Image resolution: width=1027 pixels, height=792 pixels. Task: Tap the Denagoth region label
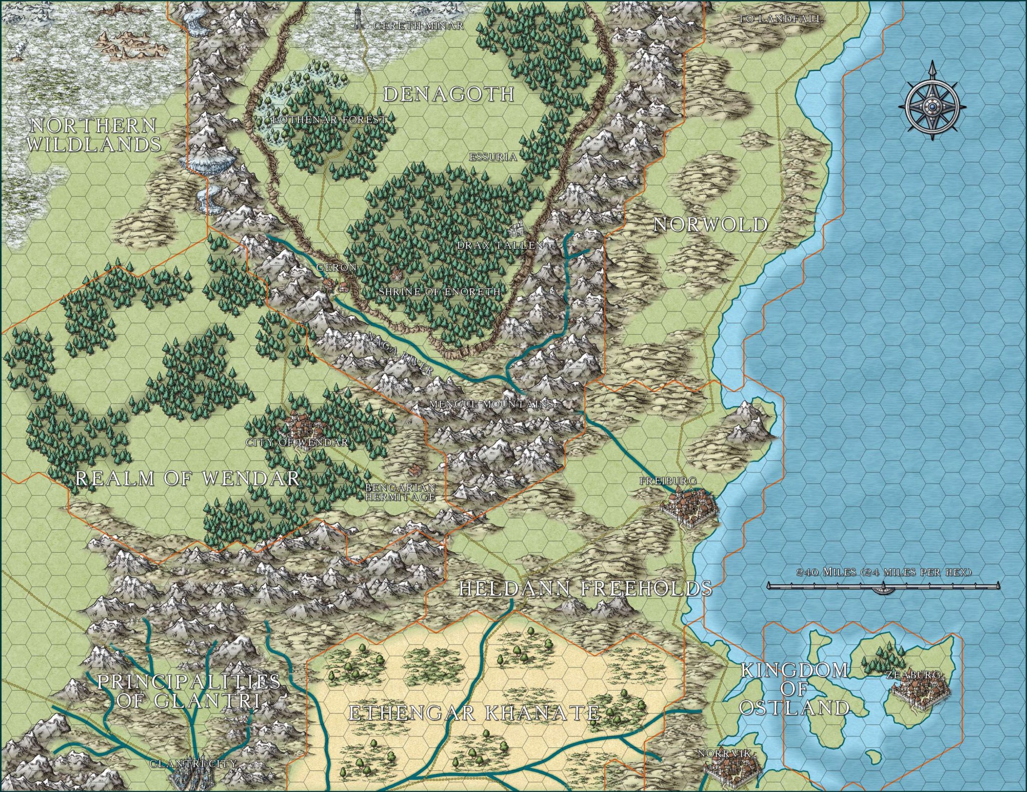click(449, 94)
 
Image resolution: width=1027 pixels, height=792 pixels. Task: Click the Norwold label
click(710, 225)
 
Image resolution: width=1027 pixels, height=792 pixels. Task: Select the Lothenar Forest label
click(329, 120)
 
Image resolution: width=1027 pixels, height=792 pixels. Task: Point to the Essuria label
click(492, 157)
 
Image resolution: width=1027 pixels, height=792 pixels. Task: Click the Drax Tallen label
click(500, 245)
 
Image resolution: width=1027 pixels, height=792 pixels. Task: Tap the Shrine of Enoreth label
click(439, 291)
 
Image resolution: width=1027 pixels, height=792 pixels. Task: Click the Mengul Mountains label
click(491, 404)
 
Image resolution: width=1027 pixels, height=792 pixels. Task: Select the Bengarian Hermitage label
click(400, 492)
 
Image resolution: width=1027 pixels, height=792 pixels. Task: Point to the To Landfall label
click(780, 19)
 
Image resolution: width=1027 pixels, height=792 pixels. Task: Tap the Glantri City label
click(193, 763)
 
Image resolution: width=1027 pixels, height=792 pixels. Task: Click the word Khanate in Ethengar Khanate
click(541, 713)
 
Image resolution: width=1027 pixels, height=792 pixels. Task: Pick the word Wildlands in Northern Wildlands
click(94, 144)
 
